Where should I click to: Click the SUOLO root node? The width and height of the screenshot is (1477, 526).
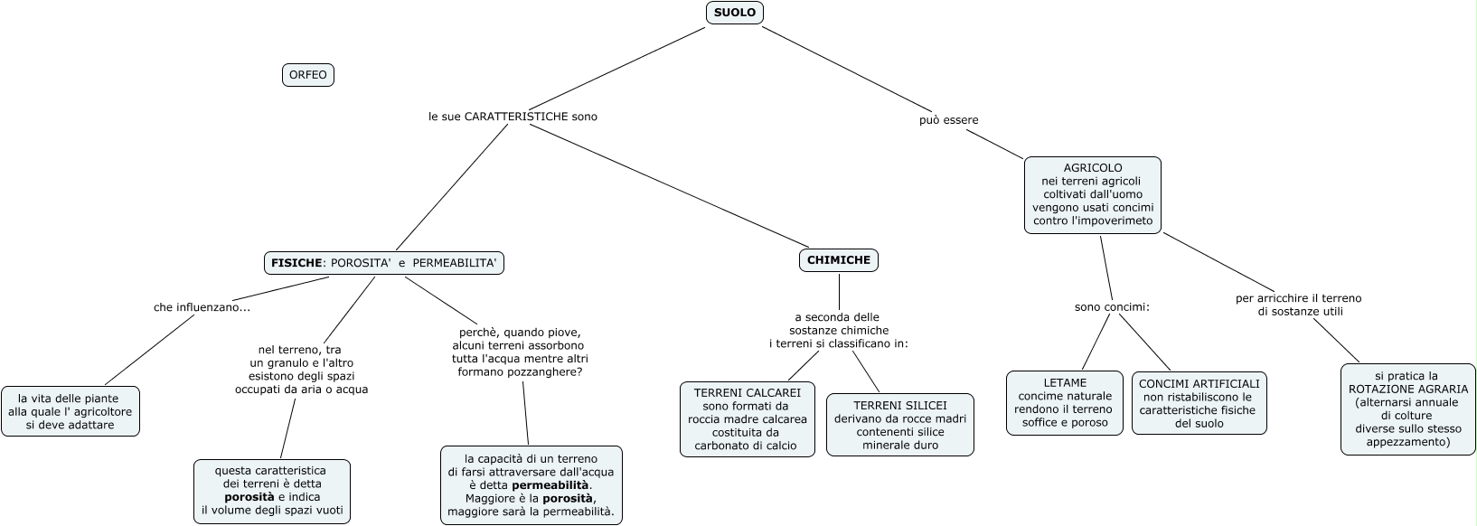(734, 13)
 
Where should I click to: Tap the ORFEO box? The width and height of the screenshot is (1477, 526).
(308, 75)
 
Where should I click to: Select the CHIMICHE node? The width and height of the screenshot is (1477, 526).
(838, 260)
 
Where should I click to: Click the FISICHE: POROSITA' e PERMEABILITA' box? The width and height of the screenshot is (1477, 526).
(383, 263)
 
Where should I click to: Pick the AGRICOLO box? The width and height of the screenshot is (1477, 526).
(1092, 195)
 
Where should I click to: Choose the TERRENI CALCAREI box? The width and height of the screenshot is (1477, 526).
(748, 419)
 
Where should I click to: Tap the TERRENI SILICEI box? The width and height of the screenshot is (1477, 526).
(899, 425)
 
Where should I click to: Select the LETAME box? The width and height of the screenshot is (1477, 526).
(1064, 403)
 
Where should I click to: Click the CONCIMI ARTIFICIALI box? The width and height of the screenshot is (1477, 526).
(1199, 403)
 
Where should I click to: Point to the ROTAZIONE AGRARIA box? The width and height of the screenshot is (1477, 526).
(1407, 409)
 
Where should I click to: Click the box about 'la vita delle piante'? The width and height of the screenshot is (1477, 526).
(71, 411)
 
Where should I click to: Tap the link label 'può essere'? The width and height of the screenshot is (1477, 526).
(948, 120)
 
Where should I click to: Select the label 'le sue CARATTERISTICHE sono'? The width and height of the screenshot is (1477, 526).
(513, 117)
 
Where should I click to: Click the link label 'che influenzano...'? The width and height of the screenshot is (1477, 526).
(202, 307)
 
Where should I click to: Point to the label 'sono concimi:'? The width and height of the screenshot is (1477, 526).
(1112, 307)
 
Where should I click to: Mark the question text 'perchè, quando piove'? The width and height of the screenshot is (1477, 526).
(520, 332)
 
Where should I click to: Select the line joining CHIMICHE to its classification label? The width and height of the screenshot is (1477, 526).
(839, 291)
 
